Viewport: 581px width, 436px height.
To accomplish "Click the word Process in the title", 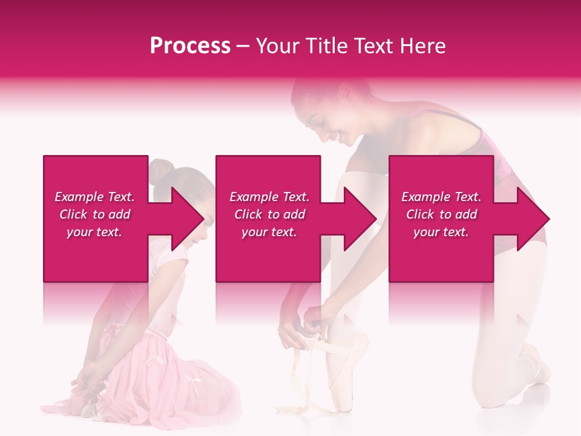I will [x=190, y=46].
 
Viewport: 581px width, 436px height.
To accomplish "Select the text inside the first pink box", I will [x=94, y=214].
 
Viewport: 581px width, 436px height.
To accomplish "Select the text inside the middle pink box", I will [x=269, y=214].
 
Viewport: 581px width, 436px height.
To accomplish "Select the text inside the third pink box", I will [x=441, y=214].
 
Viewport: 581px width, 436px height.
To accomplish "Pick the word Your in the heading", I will [x=277, y=46].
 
